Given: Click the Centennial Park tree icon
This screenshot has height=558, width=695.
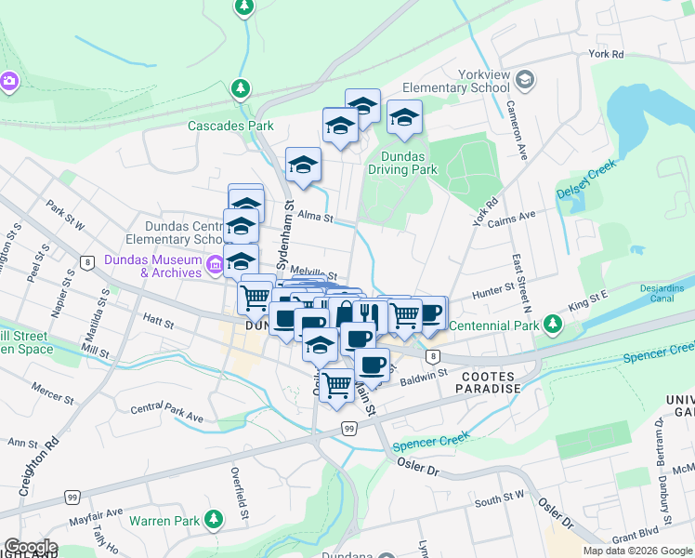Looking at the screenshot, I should coord(554,324).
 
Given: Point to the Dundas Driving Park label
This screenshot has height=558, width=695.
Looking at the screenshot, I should coord(402,163).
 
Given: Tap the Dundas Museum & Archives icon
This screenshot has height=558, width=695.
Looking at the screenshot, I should coord(215,265).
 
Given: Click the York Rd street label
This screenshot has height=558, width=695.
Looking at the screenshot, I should coord(606,55).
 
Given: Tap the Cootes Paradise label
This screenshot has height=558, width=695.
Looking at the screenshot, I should coord(491,381).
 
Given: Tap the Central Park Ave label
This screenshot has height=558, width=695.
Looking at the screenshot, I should coord(166,413).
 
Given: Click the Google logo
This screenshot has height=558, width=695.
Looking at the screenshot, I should coord(30,547).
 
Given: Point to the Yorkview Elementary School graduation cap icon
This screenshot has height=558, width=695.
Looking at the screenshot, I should coord(525,80).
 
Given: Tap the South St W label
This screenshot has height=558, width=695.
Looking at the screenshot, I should coord(500,501).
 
